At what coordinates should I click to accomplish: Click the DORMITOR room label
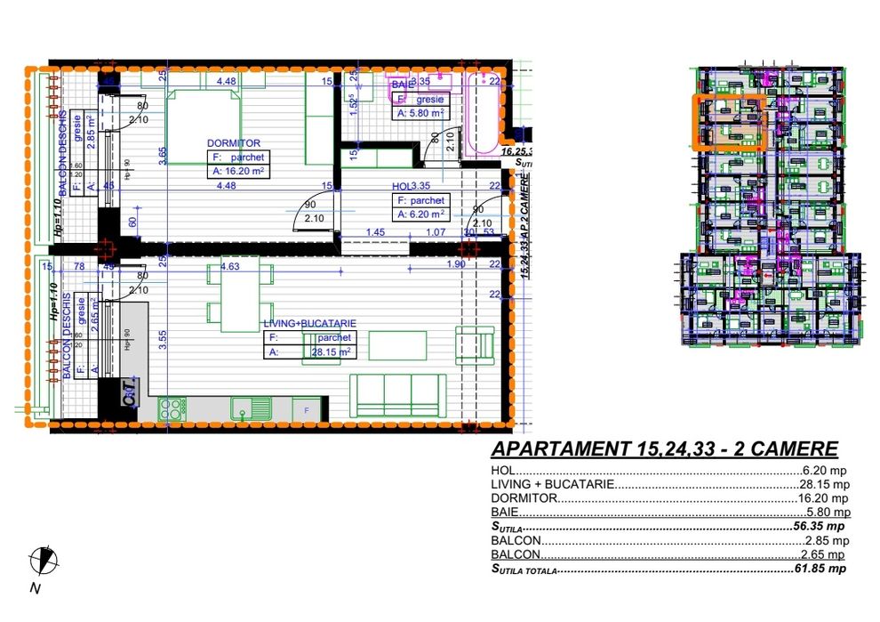coord(233,142)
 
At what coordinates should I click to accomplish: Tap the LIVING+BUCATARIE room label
coord(306,324)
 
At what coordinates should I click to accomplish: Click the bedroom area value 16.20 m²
coord(241,171)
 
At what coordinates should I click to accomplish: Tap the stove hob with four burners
coord(172,408)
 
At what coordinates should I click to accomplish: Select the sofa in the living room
coord(397,394)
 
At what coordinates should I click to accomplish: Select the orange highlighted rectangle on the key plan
coord(729,122)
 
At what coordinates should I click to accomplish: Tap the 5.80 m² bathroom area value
coord(424,113)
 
